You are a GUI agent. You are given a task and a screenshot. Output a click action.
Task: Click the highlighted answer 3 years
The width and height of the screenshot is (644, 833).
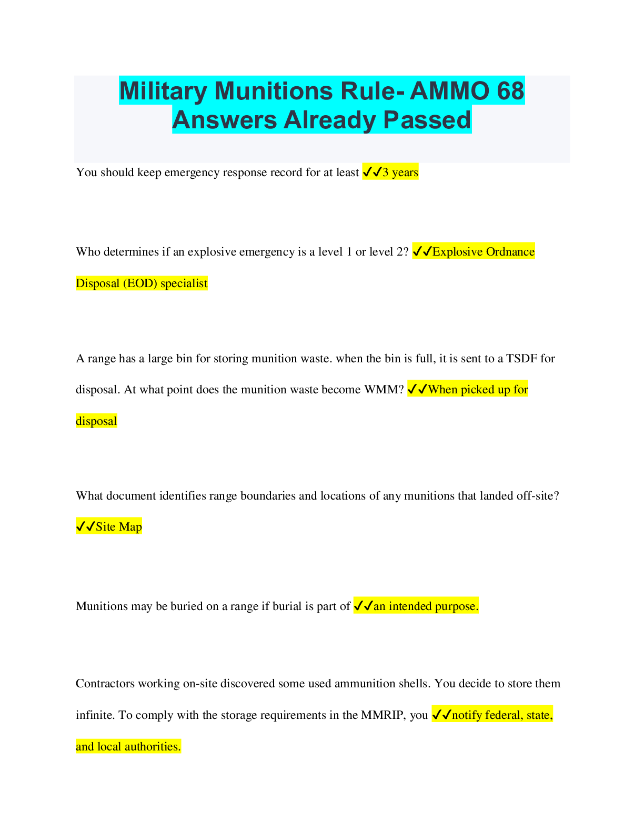click(400, 172)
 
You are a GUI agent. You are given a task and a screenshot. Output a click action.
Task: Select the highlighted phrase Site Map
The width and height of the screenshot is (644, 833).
click(118, 527)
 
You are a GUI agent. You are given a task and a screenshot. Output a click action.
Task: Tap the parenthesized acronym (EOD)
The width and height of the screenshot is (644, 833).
click(140, 283)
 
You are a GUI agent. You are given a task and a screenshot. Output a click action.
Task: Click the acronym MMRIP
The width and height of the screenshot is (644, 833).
click(383, 715)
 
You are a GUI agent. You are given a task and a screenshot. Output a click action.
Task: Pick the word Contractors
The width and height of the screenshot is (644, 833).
click(105, 684)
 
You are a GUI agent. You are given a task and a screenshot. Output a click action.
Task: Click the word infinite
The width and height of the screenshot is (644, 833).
click(95, 715)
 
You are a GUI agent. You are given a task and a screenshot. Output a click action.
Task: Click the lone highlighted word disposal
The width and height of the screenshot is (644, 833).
click(96, 421)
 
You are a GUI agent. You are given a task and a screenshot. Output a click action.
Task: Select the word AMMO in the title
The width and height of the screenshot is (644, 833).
click(449, 91)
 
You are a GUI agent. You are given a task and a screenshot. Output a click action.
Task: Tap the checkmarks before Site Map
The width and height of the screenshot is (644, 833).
click(86, 527)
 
